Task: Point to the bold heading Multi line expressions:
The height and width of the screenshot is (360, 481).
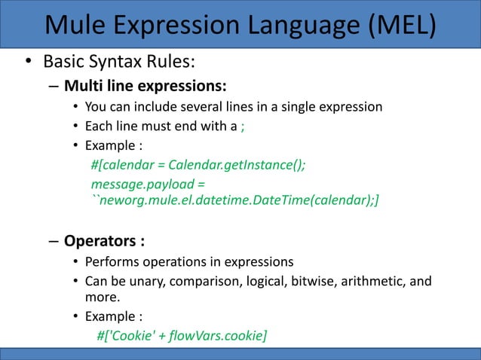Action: click(146, 83)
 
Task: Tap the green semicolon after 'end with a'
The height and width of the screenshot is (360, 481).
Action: click(242, 126)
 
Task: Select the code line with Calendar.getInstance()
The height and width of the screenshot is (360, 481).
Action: click(198, 165)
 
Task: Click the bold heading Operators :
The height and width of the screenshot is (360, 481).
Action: click(104, 242)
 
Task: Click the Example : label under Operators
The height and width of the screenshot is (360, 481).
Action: click(113, 316)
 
